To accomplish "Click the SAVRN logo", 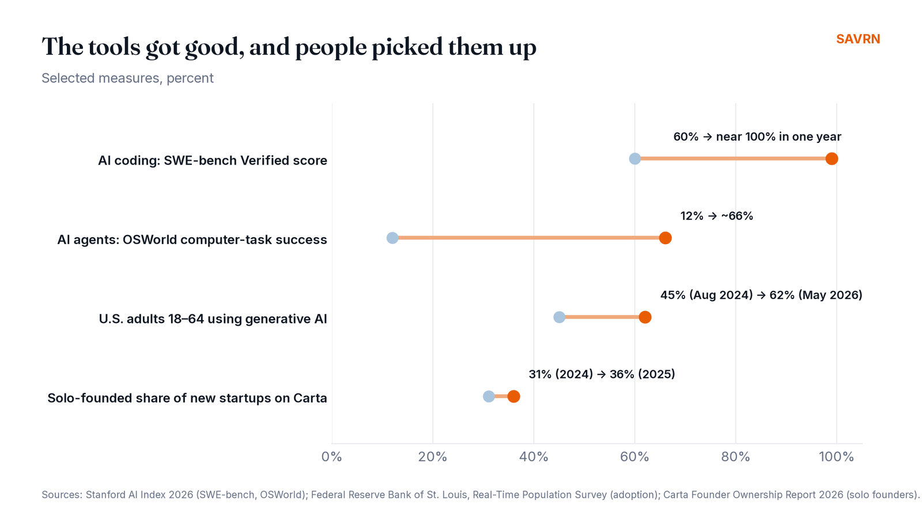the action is click(858, 39).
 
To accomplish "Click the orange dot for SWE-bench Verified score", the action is click(832, 159).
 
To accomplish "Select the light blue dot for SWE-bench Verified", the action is click(634, 159).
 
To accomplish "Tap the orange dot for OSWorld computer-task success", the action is click(665, 238).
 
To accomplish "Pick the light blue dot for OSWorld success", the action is click(392, 238).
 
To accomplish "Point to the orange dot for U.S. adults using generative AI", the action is click(645, 317).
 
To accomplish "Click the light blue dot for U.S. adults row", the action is click(559, 317).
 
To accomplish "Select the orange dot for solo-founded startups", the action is click(513, 397).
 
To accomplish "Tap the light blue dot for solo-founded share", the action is click(489, 397).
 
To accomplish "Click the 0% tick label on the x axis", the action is click(332, 457).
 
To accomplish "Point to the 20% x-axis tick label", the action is click(433, 457).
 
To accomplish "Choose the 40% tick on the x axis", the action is click(534, 457).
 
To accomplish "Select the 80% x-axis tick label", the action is click(735, 457).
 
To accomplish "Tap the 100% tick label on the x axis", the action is click(836, 457).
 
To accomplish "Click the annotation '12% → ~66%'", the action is click(717, 216).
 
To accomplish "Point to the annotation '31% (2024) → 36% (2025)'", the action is click(602, 374).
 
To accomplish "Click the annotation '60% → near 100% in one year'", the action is click(757, 136).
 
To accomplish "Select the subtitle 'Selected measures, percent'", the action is click(127, 78).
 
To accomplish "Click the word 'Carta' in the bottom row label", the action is click(310, 398).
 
